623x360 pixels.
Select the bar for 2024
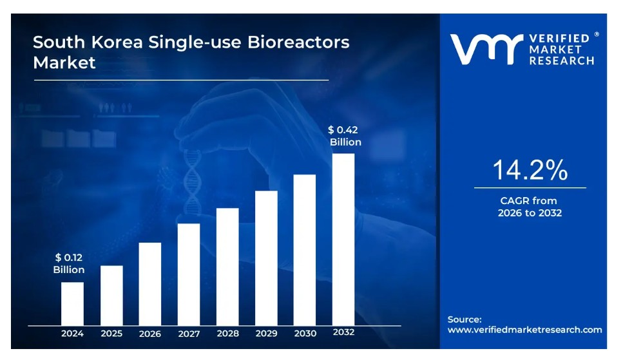(72, 303)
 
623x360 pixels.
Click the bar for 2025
(111, 295)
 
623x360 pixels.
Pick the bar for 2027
(189, 274)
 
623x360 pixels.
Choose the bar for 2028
(227, 267)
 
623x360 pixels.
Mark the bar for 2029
(266, 258)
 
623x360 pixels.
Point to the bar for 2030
(305, 250)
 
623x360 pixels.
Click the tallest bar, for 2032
(343, 239)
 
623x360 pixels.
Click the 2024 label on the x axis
(72, 334)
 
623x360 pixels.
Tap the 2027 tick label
(189, 334)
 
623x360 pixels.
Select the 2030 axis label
(305, 334)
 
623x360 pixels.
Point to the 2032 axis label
(343, 333)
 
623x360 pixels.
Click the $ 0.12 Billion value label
(69, 263)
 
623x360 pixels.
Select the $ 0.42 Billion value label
(345, 136)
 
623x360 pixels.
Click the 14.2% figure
(530, 170)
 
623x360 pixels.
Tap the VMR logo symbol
(484, 50)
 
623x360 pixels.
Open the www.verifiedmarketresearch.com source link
(524, 330)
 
